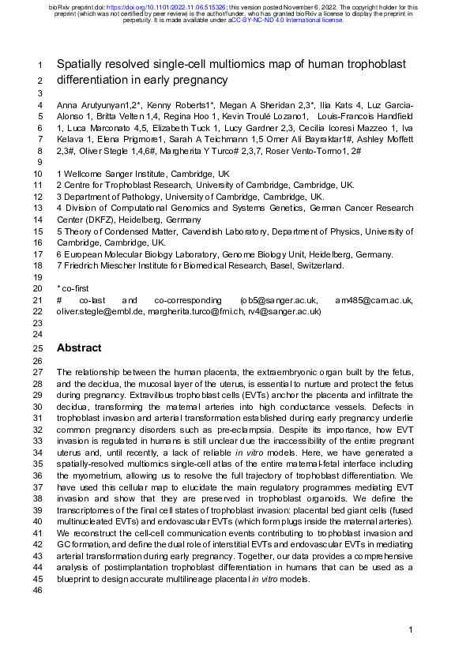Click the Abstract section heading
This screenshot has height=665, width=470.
79,348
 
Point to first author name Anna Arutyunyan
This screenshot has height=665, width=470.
90,105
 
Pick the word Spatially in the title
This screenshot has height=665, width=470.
81,66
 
